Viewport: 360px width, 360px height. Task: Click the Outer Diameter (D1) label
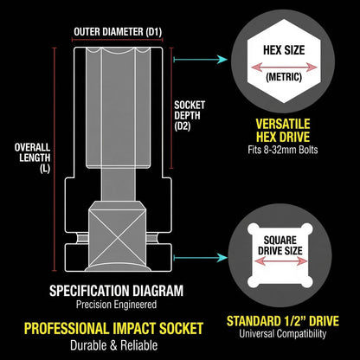coord(118,32)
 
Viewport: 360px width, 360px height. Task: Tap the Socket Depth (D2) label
coord(190,115)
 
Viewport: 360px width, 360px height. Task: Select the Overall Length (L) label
coord(33,157)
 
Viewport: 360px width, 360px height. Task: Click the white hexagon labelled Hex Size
coord(284,61)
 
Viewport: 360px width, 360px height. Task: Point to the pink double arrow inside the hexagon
coord(284,67)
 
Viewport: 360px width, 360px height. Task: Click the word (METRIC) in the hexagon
coord(284,77)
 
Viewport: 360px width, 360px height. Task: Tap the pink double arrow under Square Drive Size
coord(280,261)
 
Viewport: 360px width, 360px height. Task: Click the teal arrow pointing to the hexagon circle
coord(201,60)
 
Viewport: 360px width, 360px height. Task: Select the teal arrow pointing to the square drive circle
coord(201,258)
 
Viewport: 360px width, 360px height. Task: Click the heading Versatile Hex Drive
coord(283,131)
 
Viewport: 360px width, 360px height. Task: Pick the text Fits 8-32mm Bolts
coord(283,150)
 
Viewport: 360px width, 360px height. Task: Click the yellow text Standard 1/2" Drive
coord(283,321)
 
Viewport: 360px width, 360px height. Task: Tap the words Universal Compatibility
coord(283,334)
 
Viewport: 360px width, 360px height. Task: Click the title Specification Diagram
coord(116,291)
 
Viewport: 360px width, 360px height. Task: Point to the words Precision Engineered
coord(116,305)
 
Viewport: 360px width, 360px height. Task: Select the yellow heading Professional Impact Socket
coord(113,329)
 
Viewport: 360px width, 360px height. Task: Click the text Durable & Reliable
coord(114,345)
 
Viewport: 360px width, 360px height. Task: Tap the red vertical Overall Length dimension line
coord(55,159)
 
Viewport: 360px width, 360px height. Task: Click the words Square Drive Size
coord(280,246)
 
